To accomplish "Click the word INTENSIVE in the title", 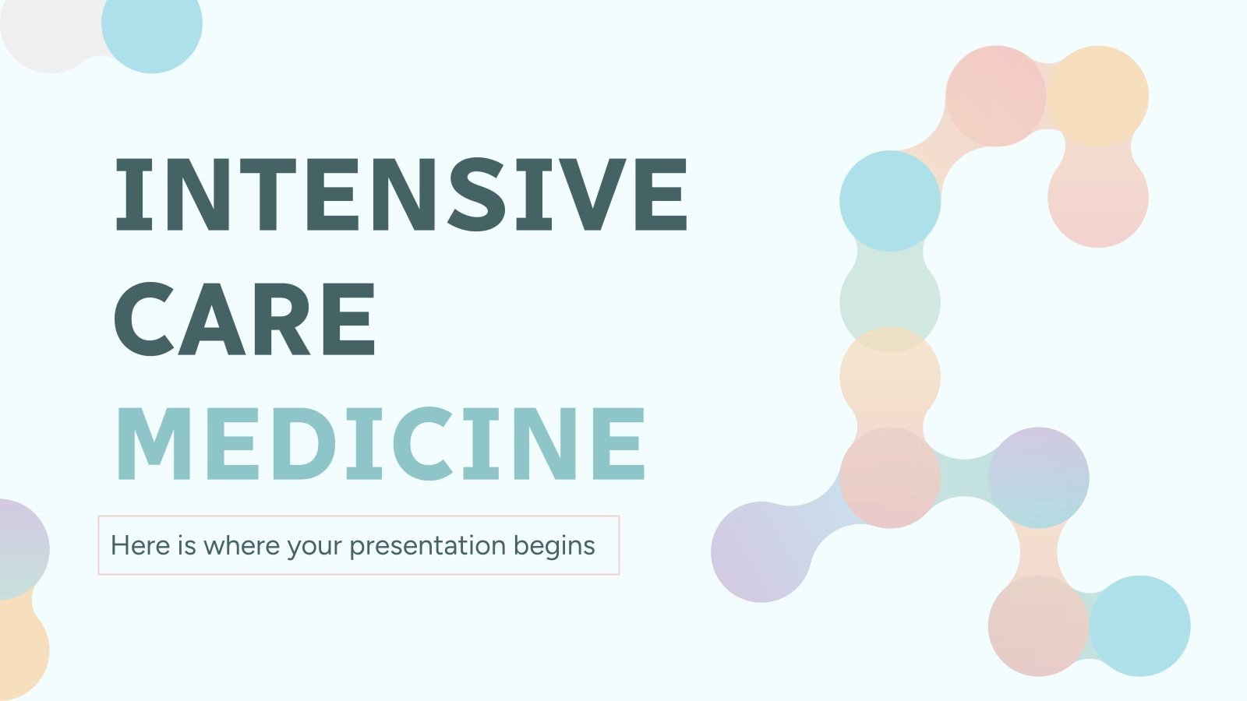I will click(401, 195).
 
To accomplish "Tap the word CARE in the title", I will click(246, 319).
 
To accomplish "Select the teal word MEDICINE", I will click(380, 444).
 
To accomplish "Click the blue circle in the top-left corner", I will click(152, 25).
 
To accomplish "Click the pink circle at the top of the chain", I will click(995, 96).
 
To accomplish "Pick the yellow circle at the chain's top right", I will click(1098, 96).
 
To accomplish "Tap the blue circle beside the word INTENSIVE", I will click(890, 201).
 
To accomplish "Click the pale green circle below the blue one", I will click(890, 301).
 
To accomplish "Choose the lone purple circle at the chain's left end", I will click(761, 551).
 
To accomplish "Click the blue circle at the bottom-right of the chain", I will click(1139, 625).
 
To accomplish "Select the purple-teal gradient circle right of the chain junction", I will click(1038, 477).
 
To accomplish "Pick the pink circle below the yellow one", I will click(1098, 197).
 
